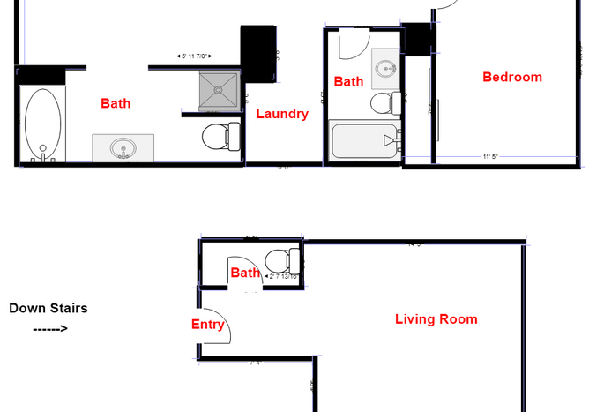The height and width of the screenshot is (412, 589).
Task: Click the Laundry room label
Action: click(x=282, y=114)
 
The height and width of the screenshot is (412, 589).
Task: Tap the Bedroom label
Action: click(x=511, y=77)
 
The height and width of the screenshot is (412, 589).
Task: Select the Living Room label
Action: click(x=436, y=319)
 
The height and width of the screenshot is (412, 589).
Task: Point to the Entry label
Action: click(x=208, y=325)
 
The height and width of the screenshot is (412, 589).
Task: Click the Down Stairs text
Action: click(x=48, y=308)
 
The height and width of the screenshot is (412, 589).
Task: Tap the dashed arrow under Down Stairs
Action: click(x=49, y=329)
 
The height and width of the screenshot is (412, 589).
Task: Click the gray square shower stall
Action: click(x=218, y=89)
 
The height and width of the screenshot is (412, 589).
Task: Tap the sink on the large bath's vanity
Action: click(x=124, y=148)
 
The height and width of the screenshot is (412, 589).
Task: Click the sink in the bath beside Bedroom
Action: click(x=384, y=66)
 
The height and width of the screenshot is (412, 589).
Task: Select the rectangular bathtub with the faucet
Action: click(x=363, y=140)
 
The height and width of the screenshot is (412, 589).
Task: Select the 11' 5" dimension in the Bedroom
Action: click(x=490, y=157)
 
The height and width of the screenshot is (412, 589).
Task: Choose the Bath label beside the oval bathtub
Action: click(x=116, y=103)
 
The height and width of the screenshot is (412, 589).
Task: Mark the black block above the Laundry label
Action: click(x=259, y=53)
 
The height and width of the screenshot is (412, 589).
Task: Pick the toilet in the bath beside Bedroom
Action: click(x=383, y=103)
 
